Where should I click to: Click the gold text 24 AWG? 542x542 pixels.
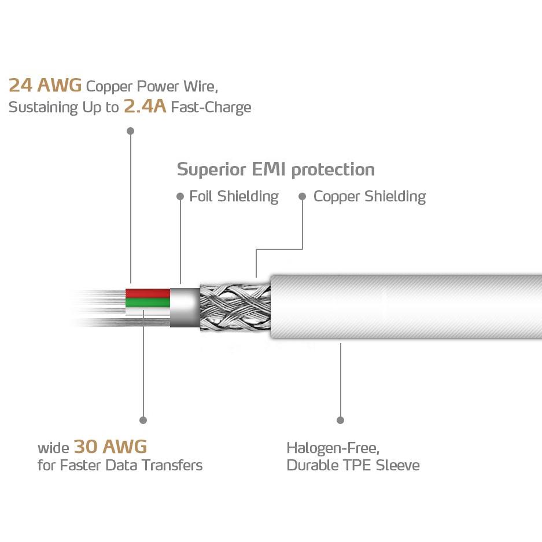[45, 86]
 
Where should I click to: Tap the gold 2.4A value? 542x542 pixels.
[145, 106]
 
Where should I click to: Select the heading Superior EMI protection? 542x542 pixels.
[275, 169]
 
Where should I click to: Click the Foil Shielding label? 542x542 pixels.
[234, 196]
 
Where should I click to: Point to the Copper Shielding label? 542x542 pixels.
[370, 197]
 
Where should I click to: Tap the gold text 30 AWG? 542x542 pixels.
[110, 446]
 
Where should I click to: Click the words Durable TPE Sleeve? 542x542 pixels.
[353, 465]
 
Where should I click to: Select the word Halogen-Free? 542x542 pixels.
[333, 448]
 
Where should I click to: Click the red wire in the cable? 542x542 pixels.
[148, 293]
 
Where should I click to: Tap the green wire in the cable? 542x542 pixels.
[148, 303]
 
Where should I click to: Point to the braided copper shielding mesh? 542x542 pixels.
[235, 307]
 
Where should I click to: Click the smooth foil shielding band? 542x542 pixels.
[185, 307]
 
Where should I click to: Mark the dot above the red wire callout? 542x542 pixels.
[130, 131]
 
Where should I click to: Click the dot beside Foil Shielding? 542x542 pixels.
[180, 196]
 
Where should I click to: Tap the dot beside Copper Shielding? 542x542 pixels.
[302, 196]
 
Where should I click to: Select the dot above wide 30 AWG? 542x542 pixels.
[143, 420]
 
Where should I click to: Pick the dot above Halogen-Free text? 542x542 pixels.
[340, 420]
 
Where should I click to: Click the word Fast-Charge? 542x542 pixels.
[211, 107]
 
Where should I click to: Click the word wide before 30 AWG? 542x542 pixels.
[54, 448]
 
